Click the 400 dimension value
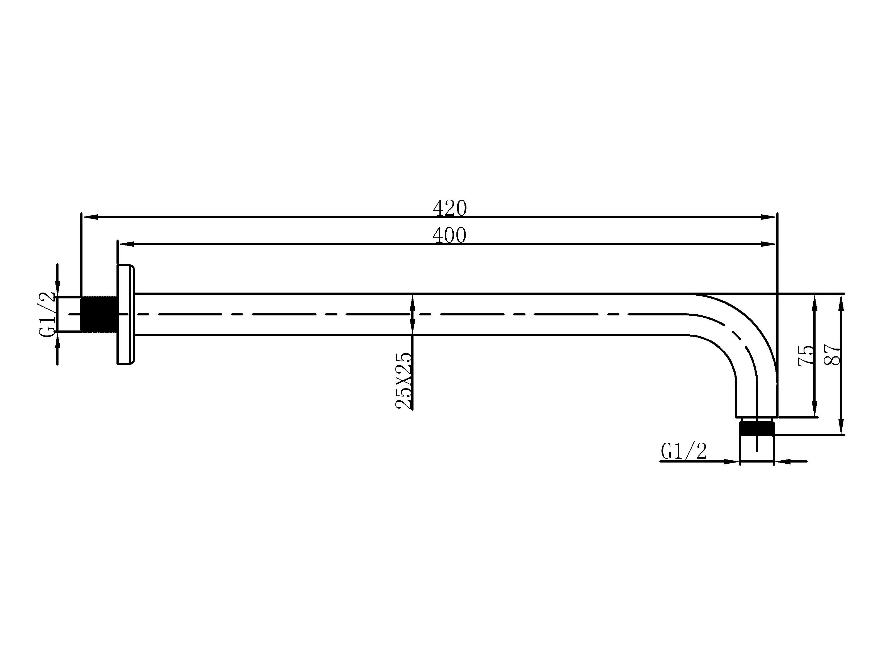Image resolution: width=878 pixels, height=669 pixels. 449,235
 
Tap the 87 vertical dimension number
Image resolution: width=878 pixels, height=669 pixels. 833,354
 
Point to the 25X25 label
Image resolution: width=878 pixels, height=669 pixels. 404,380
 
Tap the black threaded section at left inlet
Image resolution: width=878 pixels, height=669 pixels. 99,314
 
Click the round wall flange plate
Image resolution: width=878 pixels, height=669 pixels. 125,314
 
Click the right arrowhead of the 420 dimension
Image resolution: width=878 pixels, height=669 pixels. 769,217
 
